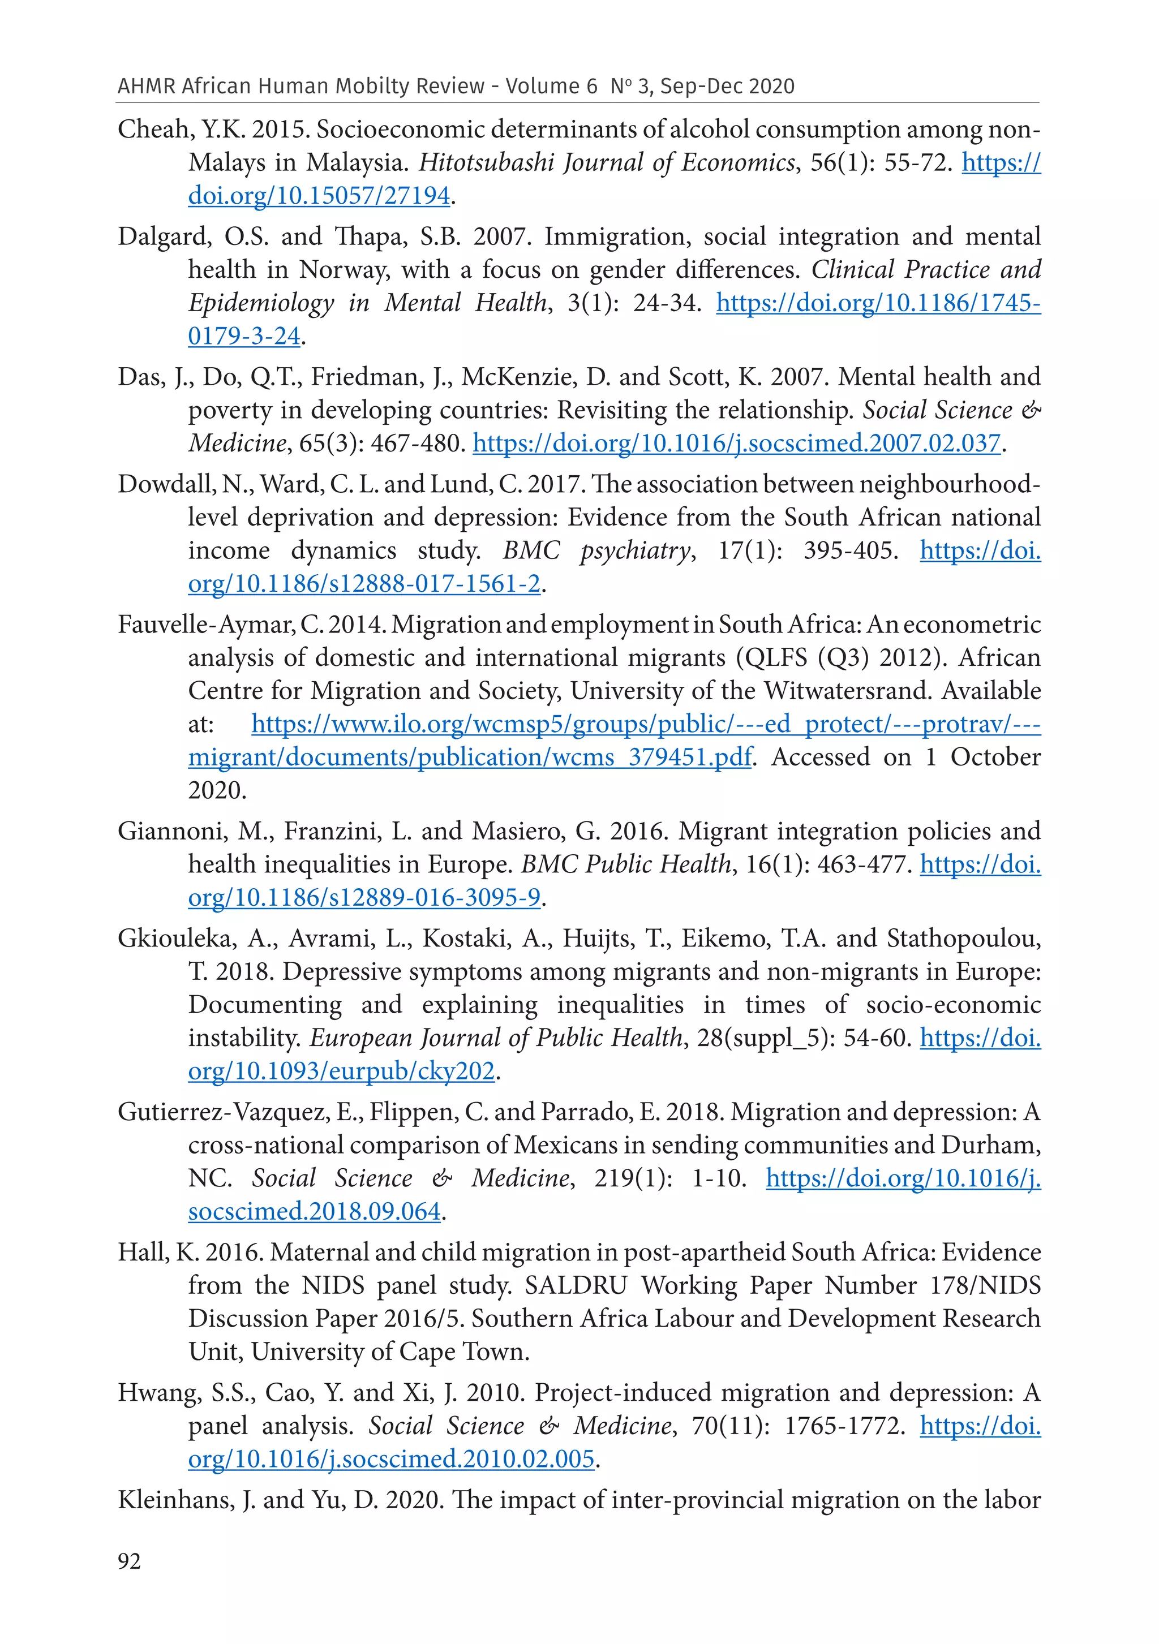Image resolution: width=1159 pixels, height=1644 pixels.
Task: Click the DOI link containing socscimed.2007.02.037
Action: (x=736, y=443)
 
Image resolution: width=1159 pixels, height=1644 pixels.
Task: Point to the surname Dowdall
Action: (x=165, y=484)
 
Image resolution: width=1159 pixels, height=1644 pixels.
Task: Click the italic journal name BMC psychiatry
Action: (x=596, y=550)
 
